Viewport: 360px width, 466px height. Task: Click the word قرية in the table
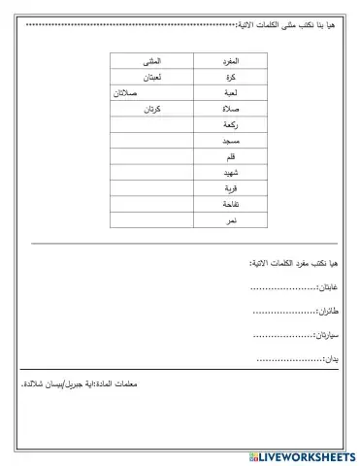point(231,189)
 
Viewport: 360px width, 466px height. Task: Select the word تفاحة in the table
point(231,206)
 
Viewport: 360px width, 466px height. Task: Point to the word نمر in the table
point(231,221)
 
